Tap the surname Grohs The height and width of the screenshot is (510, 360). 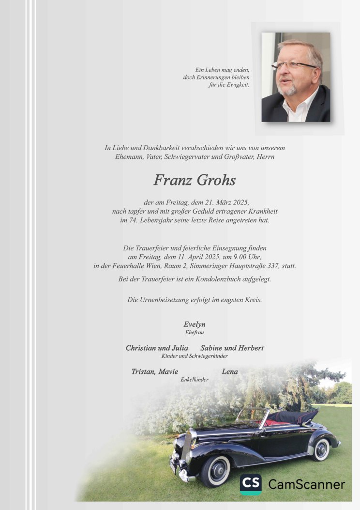coord(216,181)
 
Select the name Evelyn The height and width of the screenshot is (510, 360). coord(194,325)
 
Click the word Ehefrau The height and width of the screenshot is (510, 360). coord(194,332)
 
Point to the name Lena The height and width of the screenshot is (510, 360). coord(230,371)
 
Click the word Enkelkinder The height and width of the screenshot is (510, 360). coord(195,380)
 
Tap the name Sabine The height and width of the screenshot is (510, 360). coord(211,348)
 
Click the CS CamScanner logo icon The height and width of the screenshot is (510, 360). coord(251,484)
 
